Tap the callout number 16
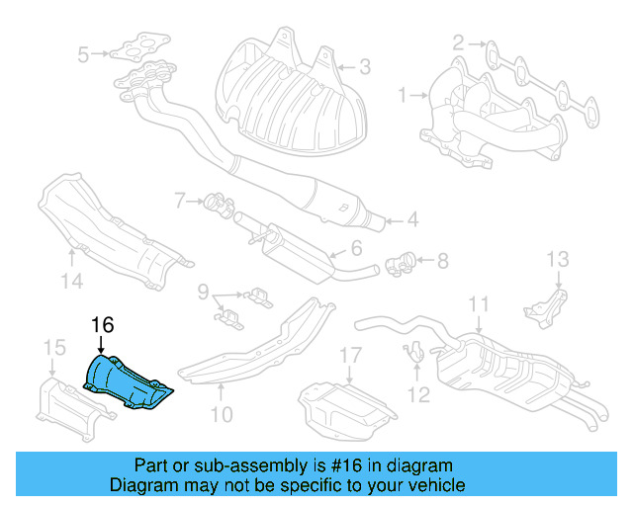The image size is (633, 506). point(103,325)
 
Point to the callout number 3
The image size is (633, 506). point(365,68)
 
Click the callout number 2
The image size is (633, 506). point(459,42)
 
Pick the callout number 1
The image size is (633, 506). point(404,96)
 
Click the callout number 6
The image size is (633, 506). point(357,250)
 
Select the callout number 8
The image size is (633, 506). point(443,262)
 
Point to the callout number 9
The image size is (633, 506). point(203,292)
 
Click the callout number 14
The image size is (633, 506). point(68,282)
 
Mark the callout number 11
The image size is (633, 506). point(479,304)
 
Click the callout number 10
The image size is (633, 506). point(222,414)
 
